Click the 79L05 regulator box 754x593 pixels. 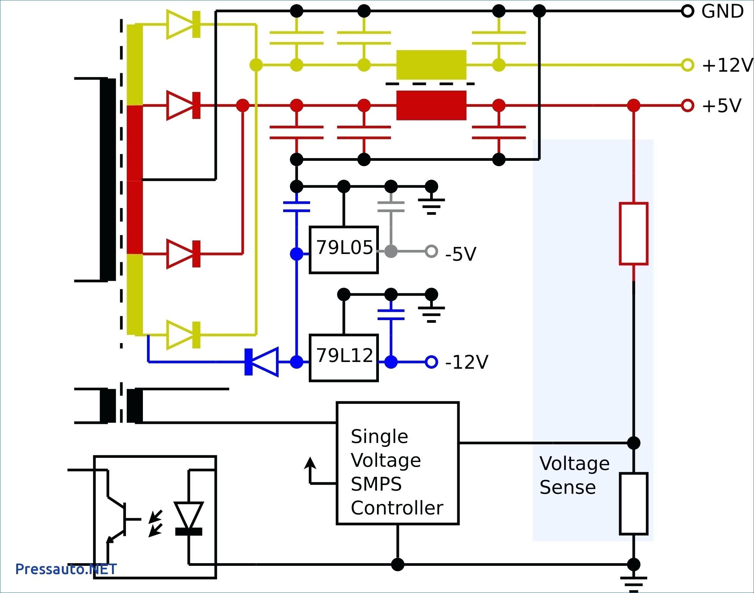click(x=343, y=250)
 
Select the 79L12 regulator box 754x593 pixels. click(x=343, y=358)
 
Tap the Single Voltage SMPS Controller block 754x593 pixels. click(x=397, y=463)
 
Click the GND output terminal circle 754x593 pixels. click(x=687, y=11)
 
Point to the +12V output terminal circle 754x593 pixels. click(x=687, y=65)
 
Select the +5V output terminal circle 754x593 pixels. click(x=687, y=105)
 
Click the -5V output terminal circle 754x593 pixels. click(x=431, y=251)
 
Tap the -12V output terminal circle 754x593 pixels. click(x=431, y=362)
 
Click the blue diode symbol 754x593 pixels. click(x=261, y=362)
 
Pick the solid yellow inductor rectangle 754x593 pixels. click(x=431, y=65)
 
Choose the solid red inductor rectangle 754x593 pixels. click(x=431, y=105)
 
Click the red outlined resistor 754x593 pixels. click(x=633, y=233)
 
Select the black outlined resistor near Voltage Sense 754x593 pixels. click(x=633, y=504)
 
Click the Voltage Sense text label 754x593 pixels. click(x=574, y=475)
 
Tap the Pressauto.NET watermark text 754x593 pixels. click(x=66, y=569)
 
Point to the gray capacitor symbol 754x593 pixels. click(x=391, y=206)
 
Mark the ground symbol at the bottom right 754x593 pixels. click(x=633, y=583)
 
